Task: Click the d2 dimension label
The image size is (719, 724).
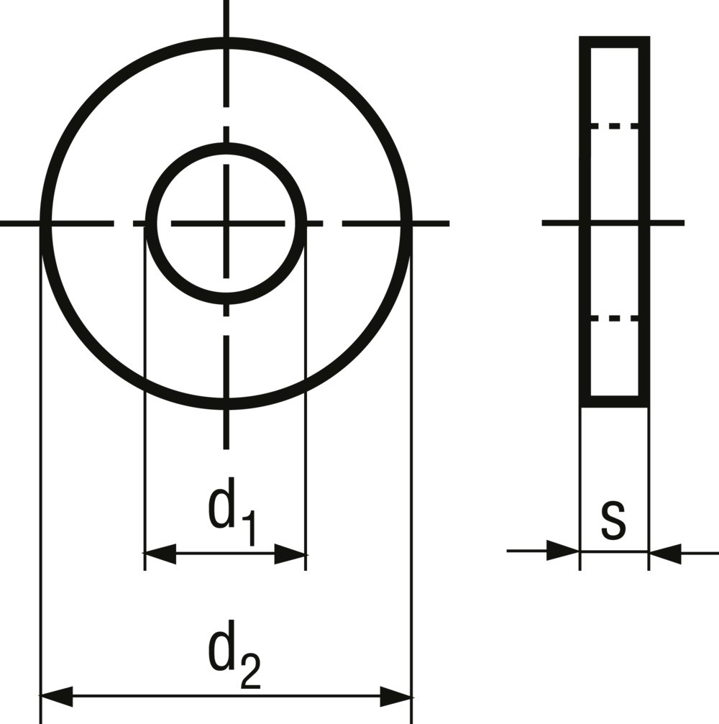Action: pos(234,654)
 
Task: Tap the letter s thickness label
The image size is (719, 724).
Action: pos(614,520)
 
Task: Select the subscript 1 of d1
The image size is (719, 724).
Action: pos(248,528)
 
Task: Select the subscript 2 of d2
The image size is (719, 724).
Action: pos(251,672)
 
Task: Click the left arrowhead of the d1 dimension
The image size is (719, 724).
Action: pos(160,553)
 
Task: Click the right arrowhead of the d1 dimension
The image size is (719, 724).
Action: pos(290,553)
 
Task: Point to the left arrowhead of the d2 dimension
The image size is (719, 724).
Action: pos(57,697)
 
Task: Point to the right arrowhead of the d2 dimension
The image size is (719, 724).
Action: pos(395,697)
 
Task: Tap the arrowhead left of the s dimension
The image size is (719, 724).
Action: pos(563,551)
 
